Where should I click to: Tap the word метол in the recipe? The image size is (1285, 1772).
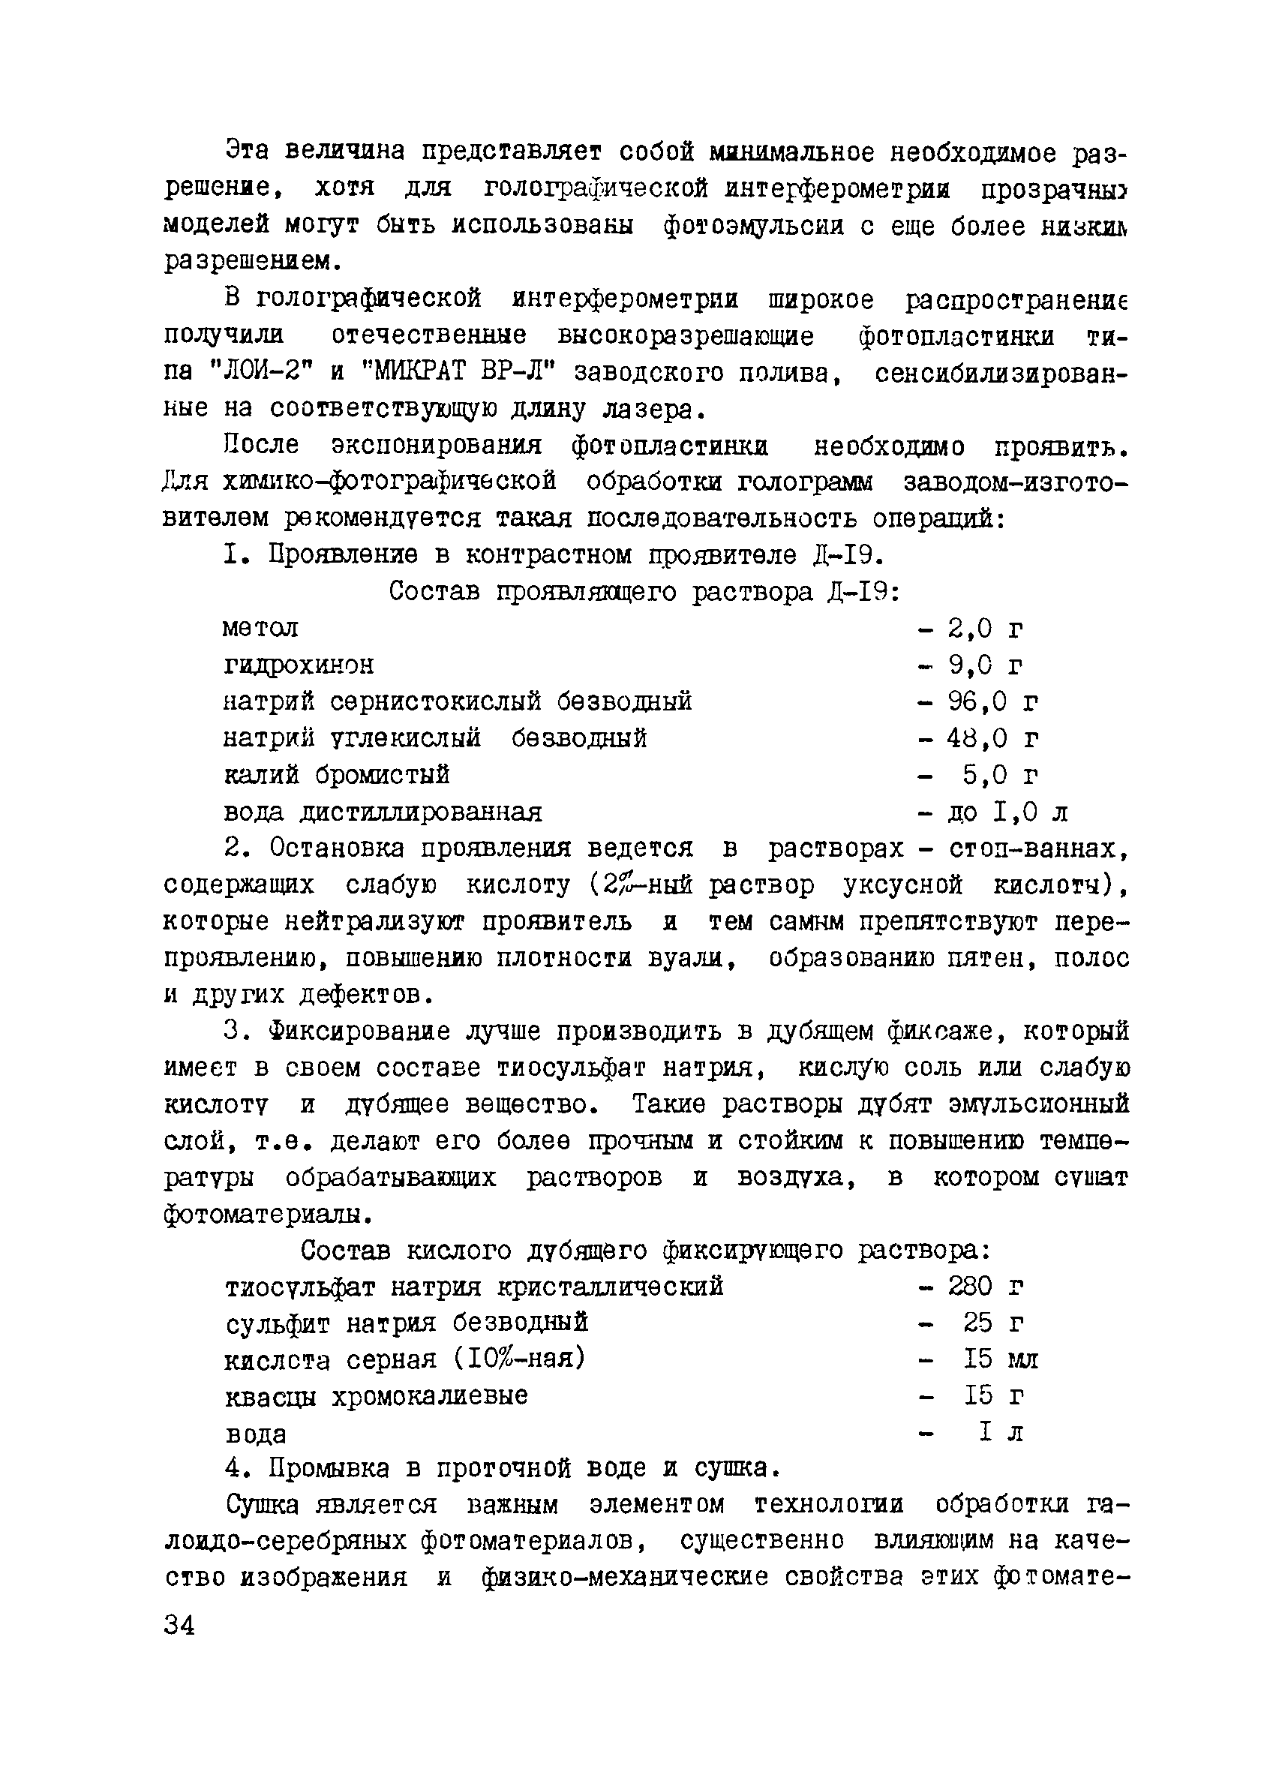(x=260, y=628)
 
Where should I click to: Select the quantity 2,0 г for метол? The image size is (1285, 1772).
(x=985, y=628)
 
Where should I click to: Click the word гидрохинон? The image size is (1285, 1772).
(x=299, y=665)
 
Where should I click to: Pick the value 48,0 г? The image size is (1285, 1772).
(x=992, y=738)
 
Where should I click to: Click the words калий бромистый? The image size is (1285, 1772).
(x=337, y=775)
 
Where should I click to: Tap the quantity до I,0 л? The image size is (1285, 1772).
(x=1007, y=812)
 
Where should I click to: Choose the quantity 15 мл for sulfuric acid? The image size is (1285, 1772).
(x=1001, y=1359)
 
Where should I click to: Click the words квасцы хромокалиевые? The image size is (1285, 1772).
(x=376, y=1395)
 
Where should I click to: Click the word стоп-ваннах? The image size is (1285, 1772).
(x=1039, y=848)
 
